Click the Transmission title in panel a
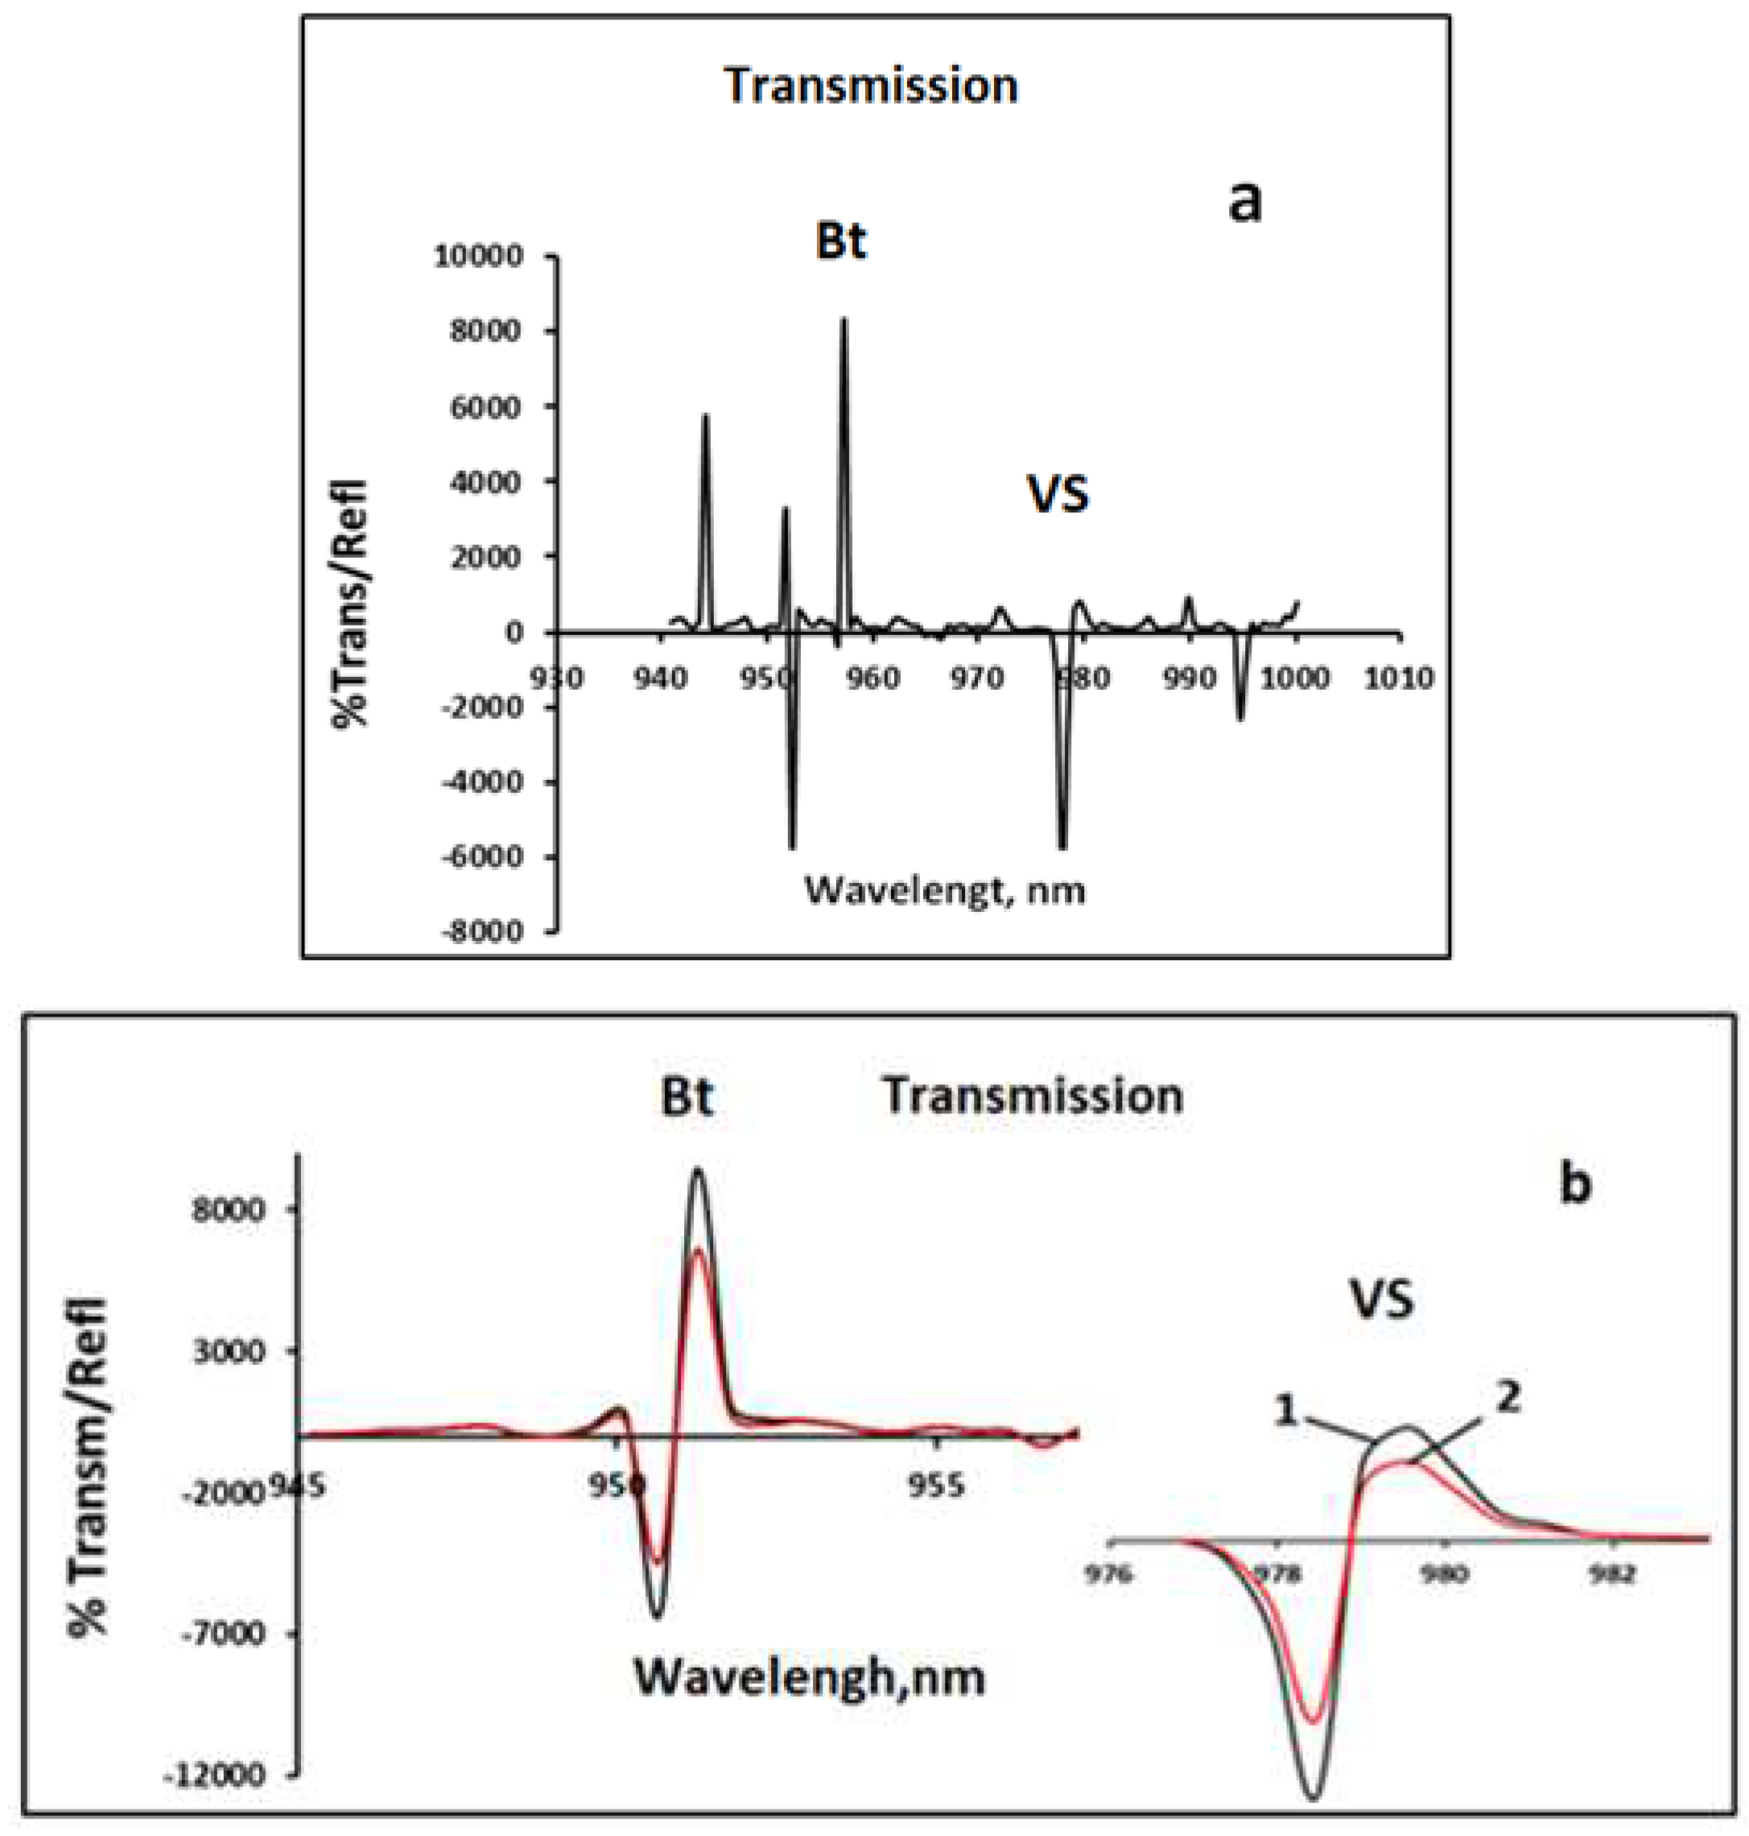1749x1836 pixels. coord(871,86)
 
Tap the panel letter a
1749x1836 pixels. coord(1244,201)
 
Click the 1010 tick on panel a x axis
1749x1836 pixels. coord(1398,678)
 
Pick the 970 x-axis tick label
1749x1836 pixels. coord(976,678)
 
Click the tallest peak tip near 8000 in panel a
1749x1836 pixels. coord(844,320)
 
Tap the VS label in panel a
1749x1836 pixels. coord(1058,494)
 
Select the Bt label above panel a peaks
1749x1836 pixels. coord(841,241)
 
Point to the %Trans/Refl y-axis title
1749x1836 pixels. coord(353,604)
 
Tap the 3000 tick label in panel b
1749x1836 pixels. coord(229,1351)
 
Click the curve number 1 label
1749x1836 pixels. coord(1286,1411)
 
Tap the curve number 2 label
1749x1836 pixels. coord(1508,1398)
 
